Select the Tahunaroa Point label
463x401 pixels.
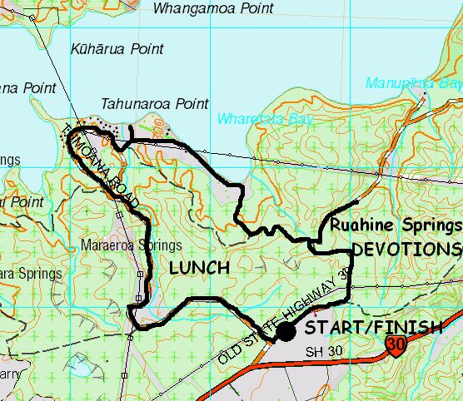click(x=154, y=104)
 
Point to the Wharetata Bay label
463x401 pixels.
click(x=258, y=119)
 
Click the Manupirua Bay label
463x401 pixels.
click(x=413, y=83)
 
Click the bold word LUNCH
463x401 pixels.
click(x=200, y=268)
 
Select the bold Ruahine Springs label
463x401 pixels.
click(x=395, y=225)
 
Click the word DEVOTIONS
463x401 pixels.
click(x=406, y=250)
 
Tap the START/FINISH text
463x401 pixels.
click(x=373, y=328)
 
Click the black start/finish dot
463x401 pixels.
click(x=286, y=332)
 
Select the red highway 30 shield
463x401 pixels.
click(x=396, y=344)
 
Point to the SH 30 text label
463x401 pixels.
click(x=324, y=351)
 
